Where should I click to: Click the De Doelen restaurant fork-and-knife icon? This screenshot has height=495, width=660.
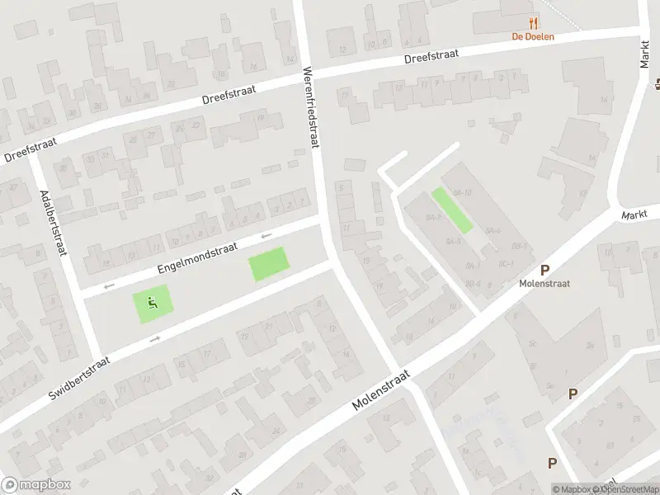(x=533, y=23)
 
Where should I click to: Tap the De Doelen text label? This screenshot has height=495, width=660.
(x=533, y=36)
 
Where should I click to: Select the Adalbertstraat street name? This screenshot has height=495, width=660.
(x=52, y=224)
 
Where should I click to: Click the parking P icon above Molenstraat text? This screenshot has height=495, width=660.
(x=544, y=270)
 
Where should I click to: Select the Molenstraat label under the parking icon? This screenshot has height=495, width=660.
(x=544, y=283)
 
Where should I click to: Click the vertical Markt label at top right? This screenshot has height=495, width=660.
(x=645, y=53)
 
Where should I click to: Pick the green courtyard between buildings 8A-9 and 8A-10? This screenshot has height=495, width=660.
(x=452, y=210)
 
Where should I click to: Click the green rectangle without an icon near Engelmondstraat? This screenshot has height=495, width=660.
(x=271, y=264)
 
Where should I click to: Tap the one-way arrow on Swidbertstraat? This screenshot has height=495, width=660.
(x=156, y=337)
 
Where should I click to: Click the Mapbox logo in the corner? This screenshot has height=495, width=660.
(x=35, y=485)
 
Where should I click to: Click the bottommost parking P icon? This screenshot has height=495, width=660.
(x=552, y=463)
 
